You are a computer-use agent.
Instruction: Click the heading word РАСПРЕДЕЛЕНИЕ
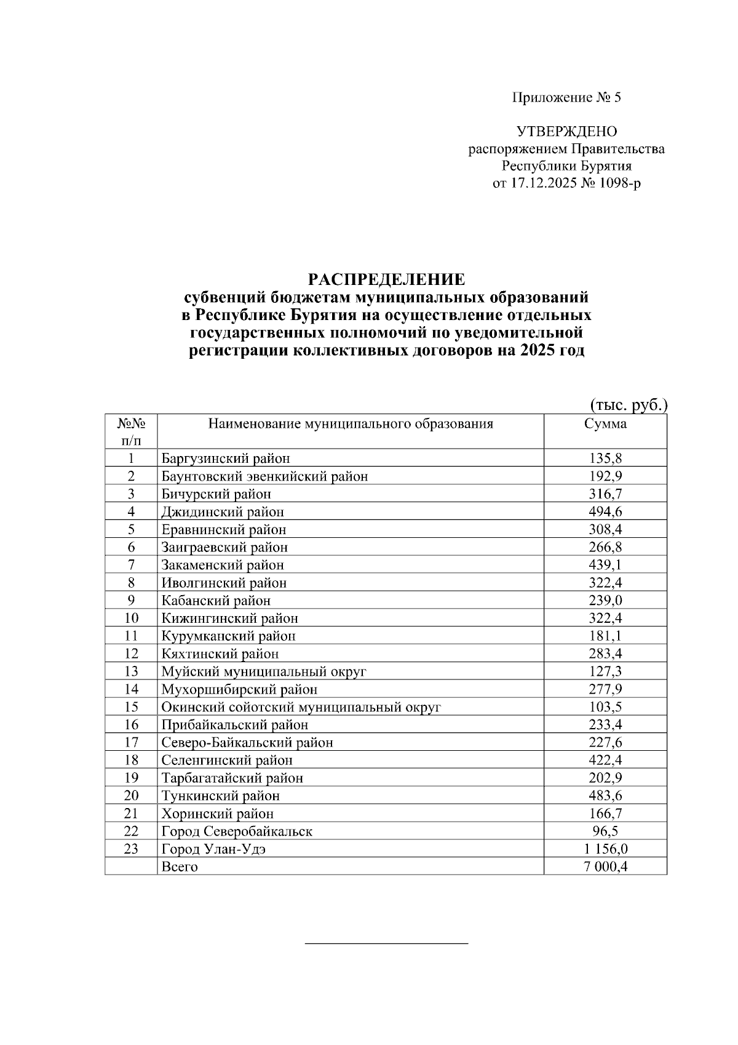pos(386,279)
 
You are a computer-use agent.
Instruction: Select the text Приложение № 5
pos(566,97)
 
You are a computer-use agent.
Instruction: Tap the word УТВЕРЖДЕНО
pos(566,131)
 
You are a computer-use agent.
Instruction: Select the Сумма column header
pos(605,424)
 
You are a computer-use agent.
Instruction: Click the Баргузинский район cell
pos(226,458)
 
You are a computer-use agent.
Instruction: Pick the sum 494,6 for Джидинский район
pos(605,511)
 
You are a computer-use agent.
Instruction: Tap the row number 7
pos(131,564)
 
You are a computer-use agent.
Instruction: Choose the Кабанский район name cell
pos(216,600)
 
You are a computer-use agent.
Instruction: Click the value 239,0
pos(605,600)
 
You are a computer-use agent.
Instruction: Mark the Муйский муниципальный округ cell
pos(264,671)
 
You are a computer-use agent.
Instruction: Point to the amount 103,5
pos(605,707)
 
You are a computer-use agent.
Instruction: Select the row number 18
pos(131,760)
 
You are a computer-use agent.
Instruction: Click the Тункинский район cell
pos(221,796)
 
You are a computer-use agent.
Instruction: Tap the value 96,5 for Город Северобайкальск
pos(605,831)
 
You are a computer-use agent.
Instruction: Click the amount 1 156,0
pos(605,849)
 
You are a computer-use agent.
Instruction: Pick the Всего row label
pos(180,867)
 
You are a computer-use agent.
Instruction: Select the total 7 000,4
pos(605,867)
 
